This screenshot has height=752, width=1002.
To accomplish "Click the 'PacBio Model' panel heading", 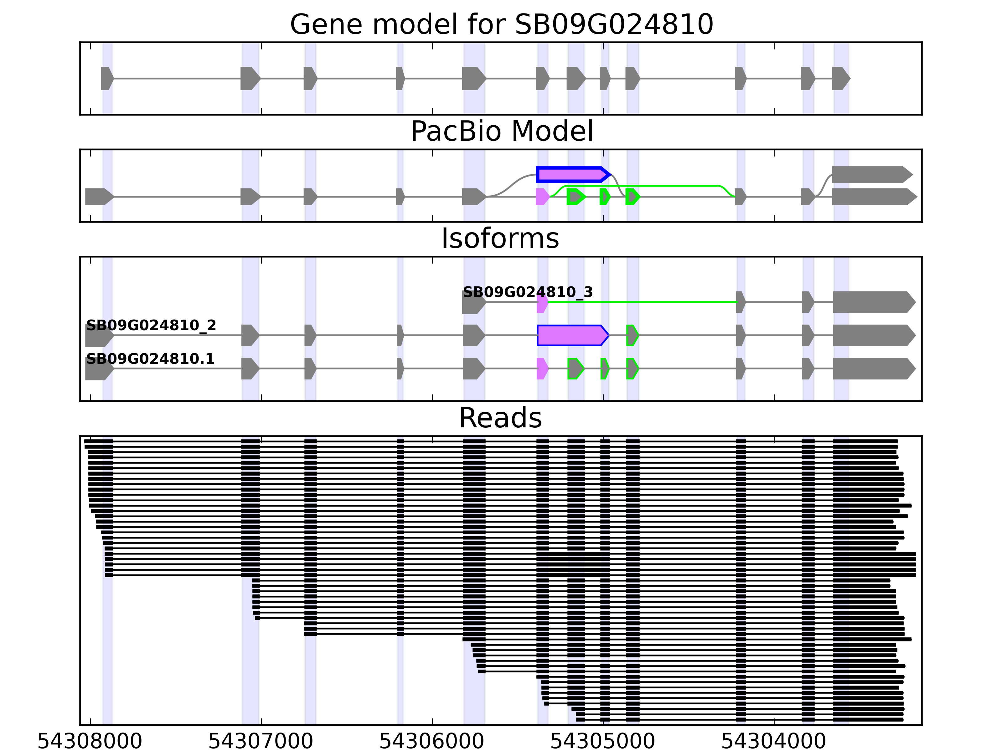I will coord(501,132).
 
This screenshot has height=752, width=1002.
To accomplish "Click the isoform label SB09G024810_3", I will coord(527,292).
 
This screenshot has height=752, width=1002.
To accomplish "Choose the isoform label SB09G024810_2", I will coord(151,326).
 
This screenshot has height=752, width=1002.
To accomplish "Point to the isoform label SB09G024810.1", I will coord(150,359).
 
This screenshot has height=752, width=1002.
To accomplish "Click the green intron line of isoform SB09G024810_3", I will coord(643,302).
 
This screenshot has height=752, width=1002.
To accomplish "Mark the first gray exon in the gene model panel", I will coord(106,78).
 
